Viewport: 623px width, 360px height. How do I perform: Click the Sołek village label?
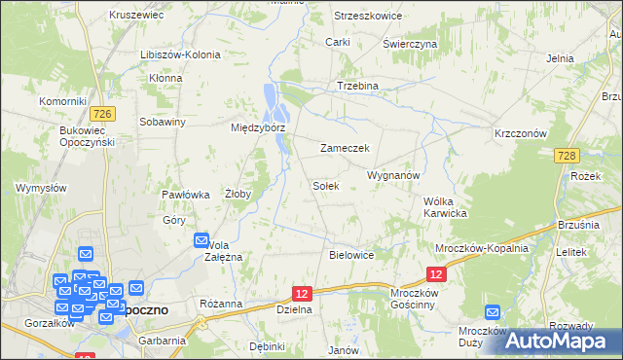(x=325, y=185)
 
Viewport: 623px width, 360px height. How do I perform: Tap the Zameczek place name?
(x=345, y=148)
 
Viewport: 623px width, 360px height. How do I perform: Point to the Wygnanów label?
(x=392, y=175)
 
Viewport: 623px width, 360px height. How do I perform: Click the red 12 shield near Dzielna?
(x=303, y=293)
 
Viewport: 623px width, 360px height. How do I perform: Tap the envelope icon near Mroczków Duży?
(x=492, y=313)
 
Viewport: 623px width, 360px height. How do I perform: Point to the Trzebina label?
(x=357, y=86)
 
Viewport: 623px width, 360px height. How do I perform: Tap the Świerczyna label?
(x=410, y=45)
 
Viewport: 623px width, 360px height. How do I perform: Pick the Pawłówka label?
(x=186, y=195)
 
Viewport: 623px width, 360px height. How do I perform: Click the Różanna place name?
(x=220, y=304)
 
